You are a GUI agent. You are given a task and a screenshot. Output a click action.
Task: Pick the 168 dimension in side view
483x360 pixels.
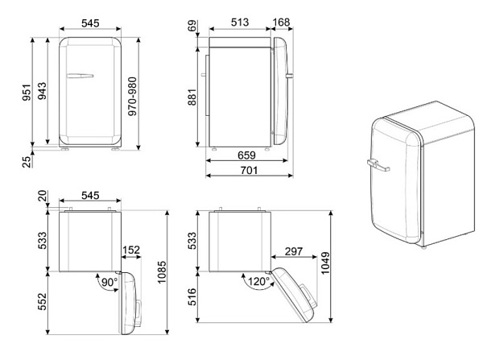point(281,23)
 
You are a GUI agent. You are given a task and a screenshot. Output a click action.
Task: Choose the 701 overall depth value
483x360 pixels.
point(246,171)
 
